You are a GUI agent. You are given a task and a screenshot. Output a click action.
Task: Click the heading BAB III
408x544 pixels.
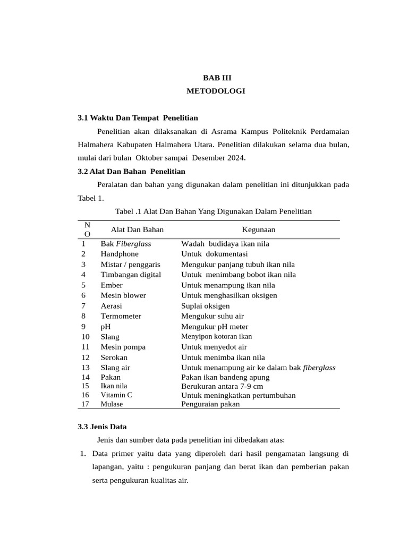(x=216, y=77)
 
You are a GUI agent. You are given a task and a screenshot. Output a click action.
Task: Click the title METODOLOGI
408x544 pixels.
(x=216, y=91)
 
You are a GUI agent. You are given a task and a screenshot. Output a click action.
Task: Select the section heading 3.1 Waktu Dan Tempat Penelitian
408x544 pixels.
(x=138, y=117)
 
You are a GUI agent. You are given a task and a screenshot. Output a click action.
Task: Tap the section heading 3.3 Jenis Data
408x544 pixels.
(x=102, y=426)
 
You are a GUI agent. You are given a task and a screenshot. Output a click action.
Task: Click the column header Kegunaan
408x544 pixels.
(x=259, y=229)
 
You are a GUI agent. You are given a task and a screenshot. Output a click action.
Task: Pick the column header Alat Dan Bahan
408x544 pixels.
(x=137, y=229)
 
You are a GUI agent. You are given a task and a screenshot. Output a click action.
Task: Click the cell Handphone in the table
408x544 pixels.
(x=120, y=254)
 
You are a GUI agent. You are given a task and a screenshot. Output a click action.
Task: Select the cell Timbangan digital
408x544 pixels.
(x=131, y=275)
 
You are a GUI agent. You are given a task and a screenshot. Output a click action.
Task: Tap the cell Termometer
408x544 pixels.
(x=121, y=316)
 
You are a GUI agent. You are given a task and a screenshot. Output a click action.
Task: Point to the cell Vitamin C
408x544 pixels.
(x=116, y=395)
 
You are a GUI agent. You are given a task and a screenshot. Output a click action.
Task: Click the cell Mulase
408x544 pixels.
(x=112, y=404)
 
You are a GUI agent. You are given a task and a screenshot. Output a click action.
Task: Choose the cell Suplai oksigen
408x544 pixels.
(x=206, y=306)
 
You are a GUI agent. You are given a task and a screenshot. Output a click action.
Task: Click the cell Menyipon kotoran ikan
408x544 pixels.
(x=217, y=336)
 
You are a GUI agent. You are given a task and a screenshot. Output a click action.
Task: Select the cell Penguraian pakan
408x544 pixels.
(x=210, y=404)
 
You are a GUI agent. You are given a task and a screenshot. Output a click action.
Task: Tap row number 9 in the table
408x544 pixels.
(x=83, y=327)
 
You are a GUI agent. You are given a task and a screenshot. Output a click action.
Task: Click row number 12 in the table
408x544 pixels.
(x=86, y=358)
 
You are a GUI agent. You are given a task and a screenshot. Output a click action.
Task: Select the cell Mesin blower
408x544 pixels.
(x=123, y=295)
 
